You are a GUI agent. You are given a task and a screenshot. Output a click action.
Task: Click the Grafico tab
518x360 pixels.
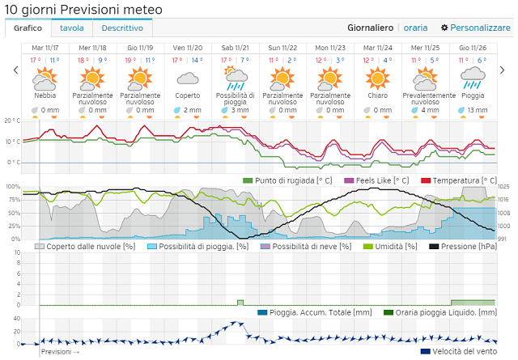click(28, 28)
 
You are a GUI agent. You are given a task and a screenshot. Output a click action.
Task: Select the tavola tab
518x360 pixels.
click(72, 28)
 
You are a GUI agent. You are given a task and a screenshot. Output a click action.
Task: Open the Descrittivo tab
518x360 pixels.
click(122, 28)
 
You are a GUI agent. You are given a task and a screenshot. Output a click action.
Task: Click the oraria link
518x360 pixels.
click(416, 28)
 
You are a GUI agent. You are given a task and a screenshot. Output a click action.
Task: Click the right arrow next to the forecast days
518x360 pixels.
click(502, 70)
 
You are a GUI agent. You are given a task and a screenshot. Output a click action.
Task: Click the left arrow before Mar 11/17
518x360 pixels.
click(15, 70)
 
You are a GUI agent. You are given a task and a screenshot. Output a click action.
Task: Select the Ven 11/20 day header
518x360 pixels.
click(188, 48)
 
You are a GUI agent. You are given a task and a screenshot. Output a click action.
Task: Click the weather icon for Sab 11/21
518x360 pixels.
click(236, 78)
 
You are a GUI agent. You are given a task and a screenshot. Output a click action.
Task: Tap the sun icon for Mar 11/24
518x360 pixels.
click(377, 78)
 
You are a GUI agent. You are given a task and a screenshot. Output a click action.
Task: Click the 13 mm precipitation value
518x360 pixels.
click(477, 110)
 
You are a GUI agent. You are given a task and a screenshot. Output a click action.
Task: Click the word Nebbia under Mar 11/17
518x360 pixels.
click(45, 95)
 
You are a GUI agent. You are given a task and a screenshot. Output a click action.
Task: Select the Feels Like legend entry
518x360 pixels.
click(380, 180)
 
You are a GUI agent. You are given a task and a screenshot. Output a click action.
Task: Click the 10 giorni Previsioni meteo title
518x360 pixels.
click(83, 9)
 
